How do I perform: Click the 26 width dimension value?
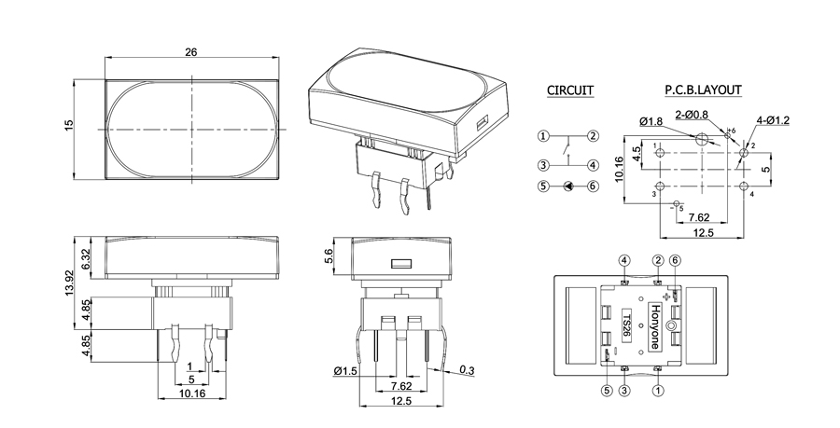[191, 52]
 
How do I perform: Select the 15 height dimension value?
[68, 126]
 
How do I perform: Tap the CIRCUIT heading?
[570, 90]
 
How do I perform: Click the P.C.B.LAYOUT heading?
[704, 90]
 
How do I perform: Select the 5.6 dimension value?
[329, 256]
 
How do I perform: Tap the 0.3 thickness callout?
[467, 370]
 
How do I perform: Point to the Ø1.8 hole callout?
[651, 121]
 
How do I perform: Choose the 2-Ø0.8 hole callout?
[692, 114]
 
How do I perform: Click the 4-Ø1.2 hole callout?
[773, 120]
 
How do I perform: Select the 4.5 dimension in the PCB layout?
[637, 154]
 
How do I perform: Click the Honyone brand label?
[653, 326]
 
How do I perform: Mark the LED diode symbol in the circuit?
[567, 186]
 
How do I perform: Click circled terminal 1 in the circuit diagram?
[543, 136]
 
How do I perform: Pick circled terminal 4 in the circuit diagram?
[593, 165]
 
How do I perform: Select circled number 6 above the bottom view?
[676, 260]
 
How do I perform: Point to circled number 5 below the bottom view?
[607, 391]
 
